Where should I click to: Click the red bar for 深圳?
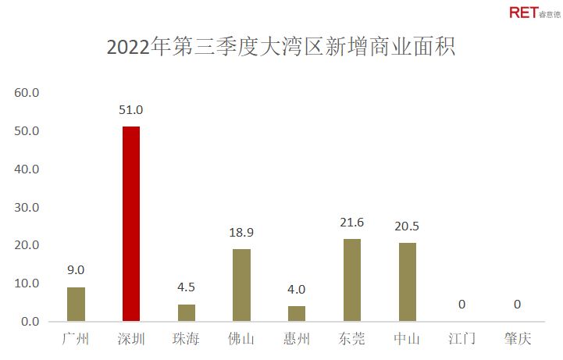pos(130,224)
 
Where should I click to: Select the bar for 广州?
pos(76,305)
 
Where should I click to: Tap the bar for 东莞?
pos(352,280)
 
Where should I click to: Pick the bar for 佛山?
pos(241,285)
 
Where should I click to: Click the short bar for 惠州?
pos(297,314)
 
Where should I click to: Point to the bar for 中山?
pos(408,283)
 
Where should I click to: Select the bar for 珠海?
pos(186,313)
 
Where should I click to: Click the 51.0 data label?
pos(130,110)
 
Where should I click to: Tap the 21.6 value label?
pos(352,223)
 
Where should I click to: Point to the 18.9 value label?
pos(241,233)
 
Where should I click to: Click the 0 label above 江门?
pos(463,305)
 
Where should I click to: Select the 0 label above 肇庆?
pos(518,305)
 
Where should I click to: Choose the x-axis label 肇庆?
pos(518,340)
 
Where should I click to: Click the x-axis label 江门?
pos(463,340)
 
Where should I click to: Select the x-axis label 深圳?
pos(130,340)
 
